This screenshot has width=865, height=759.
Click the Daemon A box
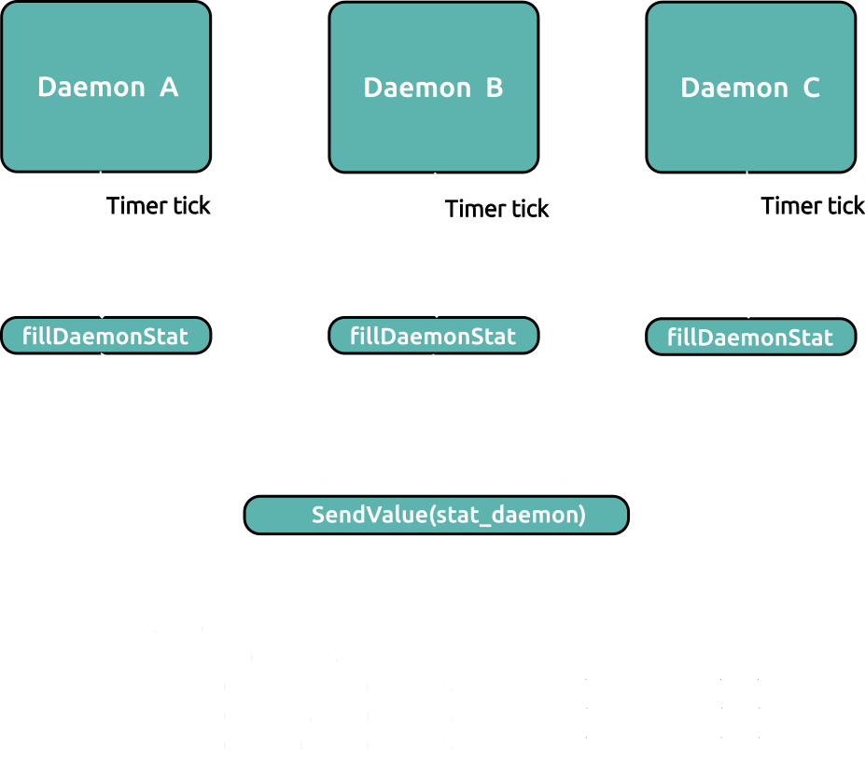click(x=106, y=87)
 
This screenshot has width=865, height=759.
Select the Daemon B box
click(x=434, y=87)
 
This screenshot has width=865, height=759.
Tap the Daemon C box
click(x=751, y=87)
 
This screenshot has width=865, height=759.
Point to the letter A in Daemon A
click(x=169, y=87)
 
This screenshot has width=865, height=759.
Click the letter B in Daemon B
click(x=495, y=88)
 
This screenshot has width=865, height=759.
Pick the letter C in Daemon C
click(x=811, y=88)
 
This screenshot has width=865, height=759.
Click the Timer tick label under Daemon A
click(x=159, y=205)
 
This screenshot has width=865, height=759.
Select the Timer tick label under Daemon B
click(x=497, y=209)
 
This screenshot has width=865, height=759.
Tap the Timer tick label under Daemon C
click(x=813, y=205)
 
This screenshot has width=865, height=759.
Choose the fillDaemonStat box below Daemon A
click(x=106, y=336)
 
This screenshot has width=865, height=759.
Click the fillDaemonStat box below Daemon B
click(x=434, y=336)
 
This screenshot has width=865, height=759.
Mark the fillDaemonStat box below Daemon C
click(x=751, y=337)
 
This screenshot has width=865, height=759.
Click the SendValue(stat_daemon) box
click(x=437, y=515)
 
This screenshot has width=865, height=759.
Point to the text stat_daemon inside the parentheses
click(x=508, y=516)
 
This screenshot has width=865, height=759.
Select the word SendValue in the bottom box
click(x=370, y=515)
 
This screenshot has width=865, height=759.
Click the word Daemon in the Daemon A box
click(x=91, y=87)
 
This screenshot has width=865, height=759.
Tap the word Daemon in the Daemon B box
click(x=418, y=88)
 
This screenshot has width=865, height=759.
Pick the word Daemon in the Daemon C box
click(x=734, y=88)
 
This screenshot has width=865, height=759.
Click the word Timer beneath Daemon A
click(x=137, y=205)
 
